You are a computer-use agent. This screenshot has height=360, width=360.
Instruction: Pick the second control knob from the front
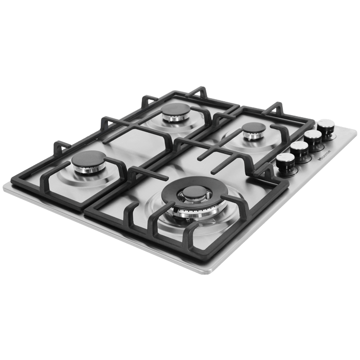click(299, 149)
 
